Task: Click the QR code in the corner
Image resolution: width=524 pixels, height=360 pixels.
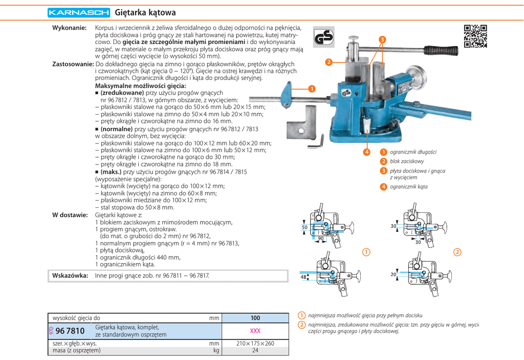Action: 475,36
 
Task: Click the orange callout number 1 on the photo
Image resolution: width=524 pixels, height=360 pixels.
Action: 311,88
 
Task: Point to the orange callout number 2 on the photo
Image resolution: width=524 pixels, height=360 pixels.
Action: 329,62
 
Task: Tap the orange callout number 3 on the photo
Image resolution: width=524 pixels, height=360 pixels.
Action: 382,40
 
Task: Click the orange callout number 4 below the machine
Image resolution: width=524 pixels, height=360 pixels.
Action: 366,152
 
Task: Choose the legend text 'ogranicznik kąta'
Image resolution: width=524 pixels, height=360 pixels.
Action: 409,186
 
